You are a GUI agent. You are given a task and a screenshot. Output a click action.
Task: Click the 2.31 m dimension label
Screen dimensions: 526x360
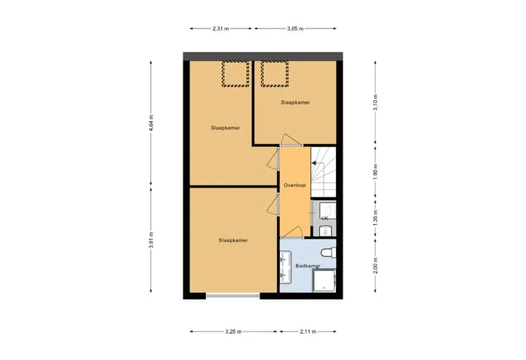pos(221,28)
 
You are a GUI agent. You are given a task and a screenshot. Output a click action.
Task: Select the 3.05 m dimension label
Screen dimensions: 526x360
pos(295,28)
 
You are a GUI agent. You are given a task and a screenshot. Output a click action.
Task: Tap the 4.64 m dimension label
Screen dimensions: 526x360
pos(151,123)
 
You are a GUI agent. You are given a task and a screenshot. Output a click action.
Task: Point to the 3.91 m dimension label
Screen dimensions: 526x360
pos(151,240)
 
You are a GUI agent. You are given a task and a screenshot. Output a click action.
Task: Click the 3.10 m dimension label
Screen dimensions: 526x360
pos(376,102)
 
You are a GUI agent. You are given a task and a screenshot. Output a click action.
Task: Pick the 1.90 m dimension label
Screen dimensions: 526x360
pos(376,172)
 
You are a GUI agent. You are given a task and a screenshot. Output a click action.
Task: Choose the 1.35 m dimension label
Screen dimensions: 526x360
pos(376,218)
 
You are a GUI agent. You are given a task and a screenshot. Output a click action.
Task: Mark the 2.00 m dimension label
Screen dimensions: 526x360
pos(376,265)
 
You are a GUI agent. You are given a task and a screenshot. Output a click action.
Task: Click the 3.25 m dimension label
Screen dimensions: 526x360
pos(234,332)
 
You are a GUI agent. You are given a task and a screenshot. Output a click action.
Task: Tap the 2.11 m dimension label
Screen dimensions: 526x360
pos(308,332)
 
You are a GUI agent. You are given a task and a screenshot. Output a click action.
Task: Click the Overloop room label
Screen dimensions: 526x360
pos(295,185)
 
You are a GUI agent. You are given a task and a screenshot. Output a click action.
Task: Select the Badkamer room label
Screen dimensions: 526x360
pos(308,266)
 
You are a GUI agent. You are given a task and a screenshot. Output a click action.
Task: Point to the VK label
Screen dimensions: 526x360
pos(324,218)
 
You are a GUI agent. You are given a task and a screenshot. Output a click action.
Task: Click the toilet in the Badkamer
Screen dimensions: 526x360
pos(329,253)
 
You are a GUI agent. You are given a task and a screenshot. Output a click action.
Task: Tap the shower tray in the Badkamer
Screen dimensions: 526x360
pos(324,280)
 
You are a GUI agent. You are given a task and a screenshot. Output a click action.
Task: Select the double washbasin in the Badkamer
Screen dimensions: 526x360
pos(286,267)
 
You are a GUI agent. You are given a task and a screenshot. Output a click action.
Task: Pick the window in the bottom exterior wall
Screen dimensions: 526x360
pos(233,296)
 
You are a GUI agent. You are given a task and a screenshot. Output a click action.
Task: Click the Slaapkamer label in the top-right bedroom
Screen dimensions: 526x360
pos(295,102)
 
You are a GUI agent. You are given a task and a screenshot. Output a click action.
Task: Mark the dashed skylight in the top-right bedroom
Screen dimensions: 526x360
pos(275,74)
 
